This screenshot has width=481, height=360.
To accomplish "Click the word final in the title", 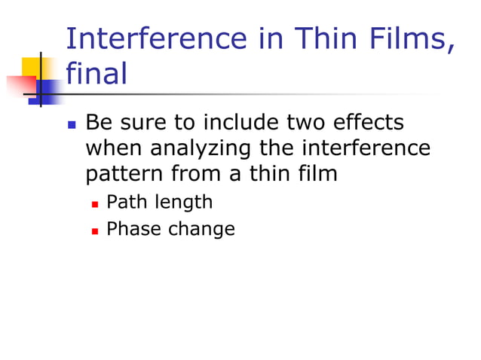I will pos(97,73).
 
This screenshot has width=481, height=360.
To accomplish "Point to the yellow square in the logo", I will pos(30,66).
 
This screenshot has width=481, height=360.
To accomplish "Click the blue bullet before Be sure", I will pos(72,124).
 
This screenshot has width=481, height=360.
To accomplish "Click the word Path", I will pos(127,202).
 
